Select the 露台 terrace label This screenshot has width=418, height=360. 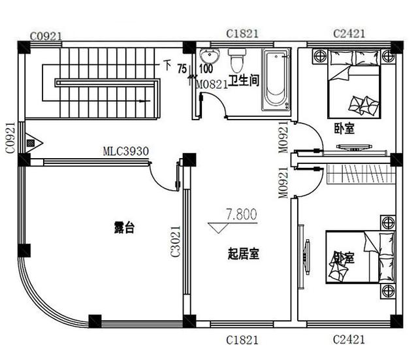point(124,227)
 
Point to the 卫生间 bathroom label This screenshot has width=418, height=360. point(244,80)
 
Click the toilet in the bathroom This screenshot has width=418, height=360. point(236,60)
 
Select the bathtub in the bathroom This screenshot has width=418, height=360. point(276,80)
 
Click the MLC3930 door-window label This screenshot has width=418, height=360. point(125,152)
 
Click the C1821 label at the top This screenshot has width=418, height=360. point(241,33)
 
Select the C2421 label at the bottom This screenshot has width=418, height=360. point(349,340)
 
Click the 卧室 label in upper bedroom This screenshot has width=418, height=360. point(344,129)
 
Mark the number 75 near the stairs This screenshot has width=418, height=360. point(182,67)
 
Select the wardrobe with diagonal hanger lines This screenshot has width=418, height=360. point(359,174)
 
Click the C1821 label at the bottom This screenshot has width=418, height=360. point(242,340)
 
